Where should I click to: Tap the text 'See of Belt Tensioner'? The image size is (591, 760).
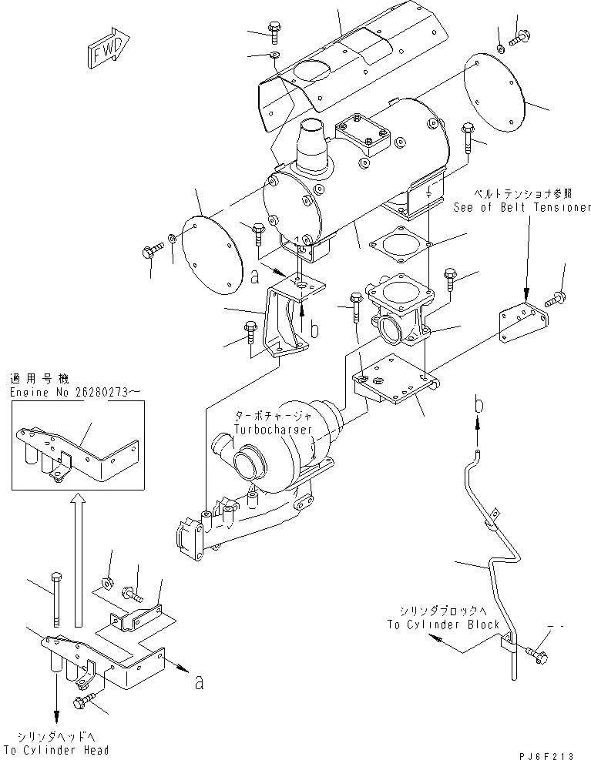tap(522, 208)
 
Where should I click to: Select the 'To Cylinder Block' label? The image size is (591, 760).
tap(443, 624)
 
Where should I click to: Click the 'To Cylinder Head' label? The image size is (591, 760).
tap(56, 750)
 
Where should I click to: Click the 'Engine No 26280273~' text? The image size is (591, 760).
tap(75, 393)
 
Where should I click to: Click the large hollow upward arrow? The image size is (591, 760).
tap(76, 561)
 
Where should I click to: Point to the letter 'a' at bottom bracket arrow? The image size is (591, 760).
tap(200, 681)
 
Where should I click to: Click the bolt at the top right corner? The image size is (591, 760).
tap(520, 35)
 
